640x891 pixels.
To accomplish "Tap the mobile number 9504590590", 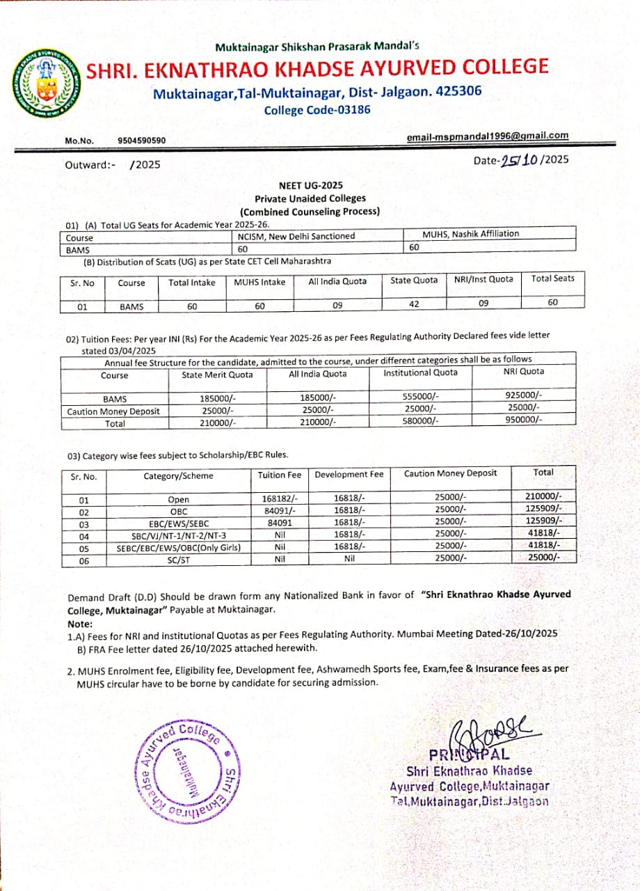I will pyautogui.click(x=142, y=141).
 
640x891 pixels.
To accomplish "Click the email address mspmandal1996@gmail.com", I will pyautogui.click(x=487, y=136).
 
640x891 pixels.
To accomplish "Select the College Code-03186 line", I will pyautogui.click(x=317, y=110).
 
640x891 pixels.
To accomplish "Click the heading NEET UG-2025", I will pyautogui.click(x=310, y=186).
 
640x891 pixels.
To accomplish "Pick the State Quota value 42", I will pyautogui.click(x=415, y=303).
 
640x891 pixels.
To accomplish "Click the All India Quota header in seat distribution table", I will pyautogui.click(x=337, y=282).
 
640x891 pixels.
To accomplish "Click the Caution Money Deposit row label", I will pyautogui.click(x=113, y=411).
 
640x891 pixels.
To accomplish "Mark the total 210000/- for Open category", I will pyautogui.click(x=543, y=496).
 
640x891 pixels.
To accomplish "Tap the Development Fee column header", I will pyautogui.click(x=349, y=475).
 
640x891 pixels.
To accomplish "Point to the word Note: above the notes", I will pyautogui.click(x=79, y=624).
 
